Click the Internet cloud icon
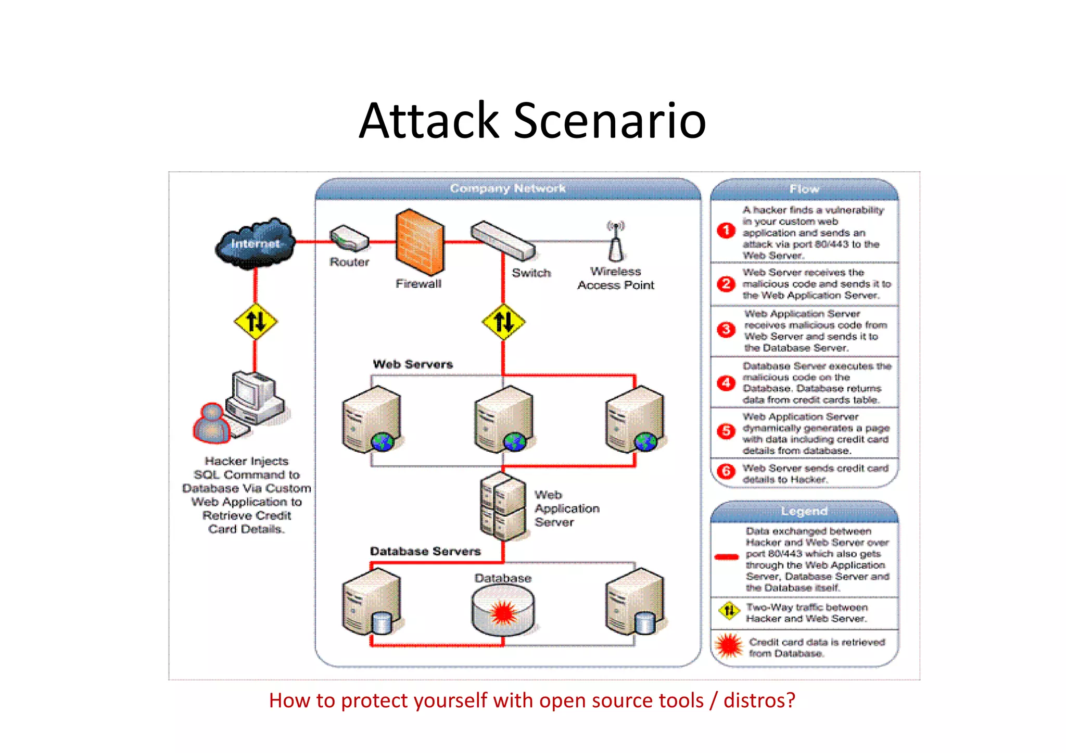(x=255, y=243)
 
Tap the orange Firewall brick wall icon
(x=420, y=242)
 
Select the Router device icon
(x=349, y=239)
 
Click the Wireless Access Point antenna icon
(x=616, y=242)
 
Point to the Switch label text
(x=531, y=273)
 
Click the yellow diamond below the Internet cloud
(x=256, y=321)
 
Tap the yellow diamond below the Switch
(x=503, y=321)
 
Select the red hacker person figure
(x=212, y=423)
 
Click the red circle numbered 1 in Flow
(x=726, y=231)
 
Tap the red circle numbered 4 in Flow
(x=726, y=383)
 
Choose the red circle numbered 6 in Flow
(x=726, y=471)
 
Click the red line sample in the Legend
(x=727, y=557)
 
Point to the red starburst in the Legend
(x=729, y=646)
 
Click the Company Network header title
(x=507, y=188)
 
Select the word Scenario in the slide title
(x=610, y=121)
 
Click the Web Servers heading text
(x=413, y=364)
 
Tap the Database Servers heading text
(x=425, y=551)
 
